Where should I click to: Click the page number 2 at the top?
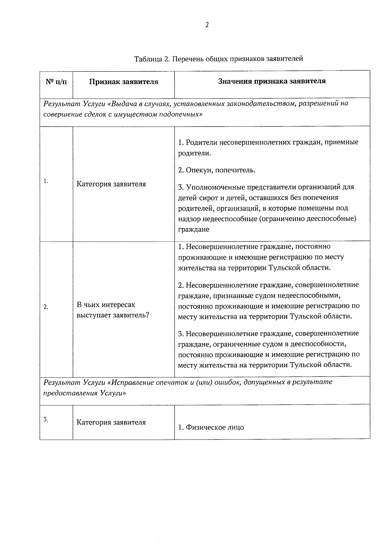(x=207, y=25)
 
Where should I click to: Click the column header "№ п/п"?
(x=56, y=82)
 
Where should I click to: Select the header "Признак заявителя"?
(x=124, y=82)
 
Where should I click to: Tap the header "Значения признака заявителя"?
(x=272, y=81)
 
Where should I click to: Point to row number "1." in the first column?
(x=46, y=181)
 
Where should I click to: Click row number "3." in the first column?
(x=46, y=419)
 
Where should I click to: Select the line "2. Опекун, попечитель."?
(x=217, y=170)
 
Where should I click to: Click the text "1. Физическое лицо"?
(x=211, y=427)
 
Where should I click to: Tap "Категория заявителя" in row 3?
(x=111, y=422)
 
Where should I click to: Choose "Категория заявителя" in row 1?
(x=111, y=184)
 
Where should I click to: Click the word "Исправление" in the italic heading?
(x=133, y=382)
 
